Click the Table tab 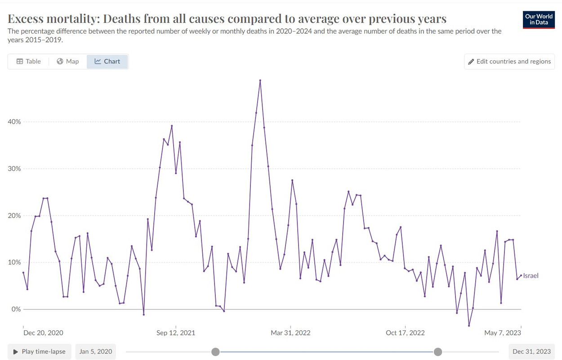pos(29,62)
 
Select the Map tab pos(68,62)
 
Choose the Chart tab pos(107,62)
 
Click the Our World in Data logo pos(539,20)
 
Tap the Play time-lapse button pos(40,351)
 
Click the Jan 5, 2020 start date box pos(96,351)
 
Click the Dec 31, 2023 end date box pos(531,351)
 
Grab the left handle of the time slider pos(215,352)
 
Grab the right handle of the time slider pos(438,352)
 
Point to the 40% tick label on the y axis pos(14,122)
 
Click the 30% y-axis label pos(14,169)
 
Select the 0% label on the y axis pos(16,309)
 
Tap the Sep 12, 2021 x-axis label pos(176,333)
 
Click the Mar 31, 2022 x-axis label pos(290,333)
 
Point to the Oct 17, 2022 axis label pos(405,333)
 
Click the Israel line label pos(531,276)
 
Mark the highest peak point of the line pos(260,81)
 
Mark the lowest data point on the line pos(469,326)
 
